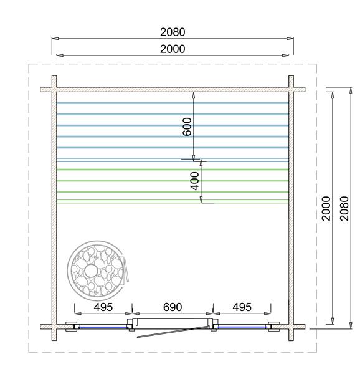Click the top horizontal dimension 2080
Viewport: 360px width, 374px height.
coord(173,32)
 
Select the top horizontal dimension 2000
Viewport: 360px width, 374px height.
coord(173,49)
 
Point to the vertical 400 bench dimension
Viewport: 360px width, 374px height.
coord(194,181)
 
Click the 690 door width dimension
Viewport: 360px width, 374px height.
coord(172,307)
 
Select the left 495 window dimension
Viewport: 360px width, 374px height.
coord(103,307)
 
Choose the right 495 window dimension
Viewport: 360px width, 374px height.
coord(242,307)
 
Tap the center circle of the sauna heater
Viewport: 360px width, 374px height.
coord(91,271)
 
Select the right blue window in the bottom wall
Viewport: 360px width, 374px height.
coord(242,326)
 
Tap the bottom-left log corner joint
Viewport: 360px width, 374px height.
coord(54,326)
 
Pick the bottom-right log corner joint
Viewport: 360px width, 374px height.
coord(291,326)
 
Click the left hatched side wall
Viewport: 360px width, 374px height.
coord(54,206)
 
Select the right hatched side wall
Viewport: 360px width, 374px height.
coord(291,206)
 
